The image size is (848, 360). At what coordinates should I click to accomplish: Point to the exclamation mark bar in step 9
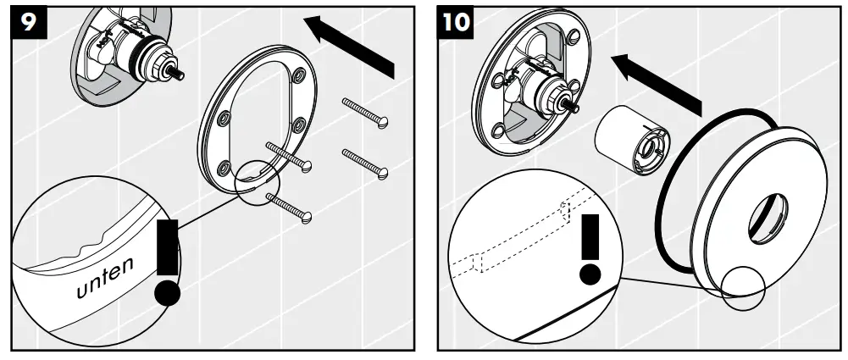[169, 246]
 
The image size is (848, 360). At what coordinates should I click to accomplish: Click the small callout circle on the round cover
[744, 285]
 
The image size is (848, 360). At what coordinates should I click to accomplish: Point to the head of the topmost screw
[383, 123]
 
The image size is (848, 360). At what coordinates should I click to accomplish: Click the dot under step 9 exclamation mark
[168, 293]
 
